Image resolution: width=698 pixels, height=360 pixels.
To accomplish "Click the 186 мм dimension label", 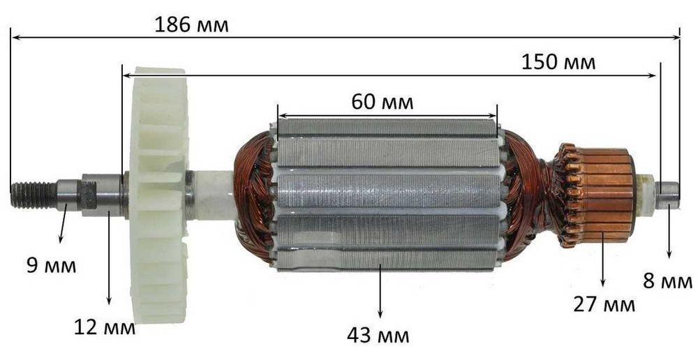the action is (x=191, y=25).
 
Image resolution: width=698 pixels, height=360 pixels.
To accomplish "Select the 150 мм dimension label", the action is (x=558, y=62).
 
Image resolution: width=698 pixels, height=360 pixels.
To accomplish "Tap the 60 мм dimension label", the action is (x=383, y=102).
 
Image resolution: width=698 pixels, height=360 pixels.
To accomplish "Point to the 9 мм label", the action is (x=51, y=266).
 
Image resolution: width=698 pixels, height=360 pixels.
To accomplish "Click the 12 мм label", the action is (x=105, y=328).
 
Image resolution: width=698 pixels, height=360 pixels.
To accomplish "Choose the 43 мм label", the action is (x=378, y=336).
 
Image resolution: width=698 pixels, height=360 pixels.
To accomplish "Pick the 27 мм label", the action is (x=604, y=305).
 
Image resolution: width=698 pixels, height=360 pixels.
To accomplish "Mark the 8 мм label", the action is (x=667, y=281).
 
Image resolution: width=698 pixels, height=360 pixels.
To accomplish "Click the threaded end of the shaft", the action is (x=34, y=195).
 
